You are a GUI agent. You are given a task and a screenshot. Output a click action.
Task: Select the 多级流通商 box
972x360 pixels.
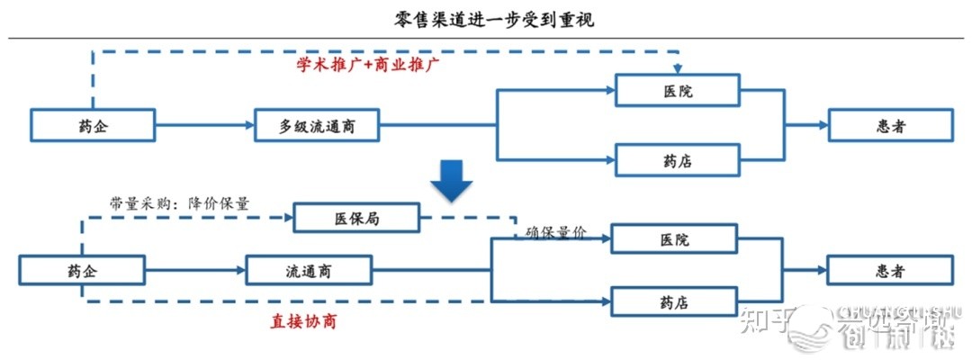point(316,126)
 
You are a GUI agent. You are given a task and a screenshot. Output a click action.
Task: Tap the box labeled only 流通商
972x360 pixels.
point(307,270)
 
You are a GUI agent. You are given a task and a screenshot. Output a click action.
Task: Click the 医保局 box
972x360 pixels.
point(356,218)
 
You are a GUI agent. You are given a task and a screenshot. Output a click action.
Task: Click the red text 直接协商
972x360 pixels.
point(303,320)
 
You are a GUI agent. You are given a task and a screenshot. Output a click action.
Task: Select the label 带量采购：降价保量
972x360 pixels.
point(178,202)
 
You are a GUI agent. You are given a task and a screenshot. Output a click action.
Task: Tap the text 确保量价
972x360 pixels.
point(555,232)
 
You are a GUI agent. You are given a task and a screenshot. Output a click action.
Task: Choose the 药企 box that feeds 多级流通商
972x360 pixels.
point(93,126)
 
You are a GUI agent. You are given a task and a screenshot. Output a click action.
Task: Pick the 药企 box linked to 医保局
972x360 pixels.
point(81,270)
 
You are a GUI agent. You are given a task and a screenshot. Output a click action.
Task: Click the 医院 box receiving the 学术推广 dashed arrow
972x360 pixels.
point(677,91)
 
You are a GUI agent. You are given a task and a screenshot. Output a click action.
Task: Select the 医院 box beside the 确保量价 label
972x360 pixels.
point(674,240)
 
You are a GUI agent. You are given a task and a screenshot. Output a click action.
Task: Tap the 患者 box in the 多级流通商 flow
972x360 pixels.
point(890,126)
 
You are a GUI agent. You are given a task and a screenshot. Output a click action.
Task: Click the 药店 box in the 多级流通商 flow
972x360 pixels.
point(677,160)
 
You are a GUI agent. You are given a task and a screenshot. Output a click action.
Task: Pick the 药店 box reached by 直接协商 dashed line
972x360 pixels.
point(674,301)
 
